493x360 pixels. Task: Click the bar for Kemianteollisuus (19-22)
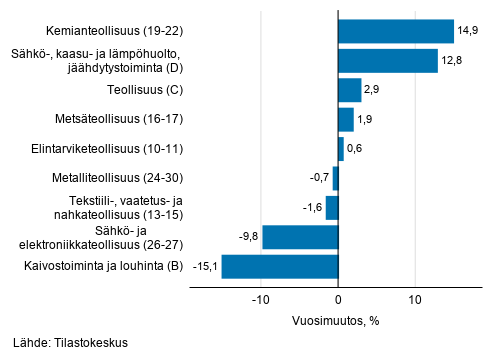click(x=396, y=32)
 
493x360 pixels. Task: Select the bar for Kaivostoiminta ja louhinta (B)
click(x=280, y=267)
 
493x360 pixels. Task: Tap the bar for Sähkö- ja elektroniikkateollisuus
click(x=300, y=237)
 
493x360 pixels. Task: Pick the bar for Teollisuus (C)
click(x=349, y=91)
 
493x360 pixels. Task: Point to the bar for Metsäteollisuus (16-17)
click(x=345, y=120)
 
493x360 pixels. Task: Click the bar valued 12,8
click(x=388, y=61)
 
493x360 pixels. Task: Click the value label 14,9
click(x=469, y=32)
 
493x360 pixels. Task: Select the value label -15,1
click(x=205, y=267)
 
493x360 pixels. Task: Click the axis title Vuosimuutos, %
click(x=337, y=321)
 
